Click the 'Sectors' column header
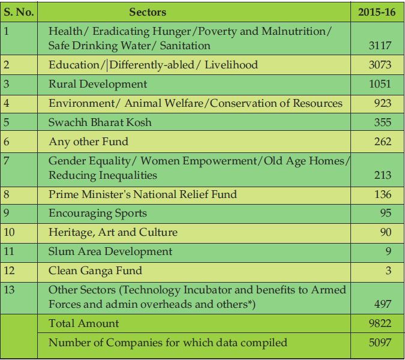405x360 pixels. pyautogui.click(x=148, y=12)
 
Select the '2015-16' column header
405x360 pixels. pyautogui.click(x=377, y=12)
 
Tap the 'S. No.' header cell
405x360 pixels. pyautogui.click(x=19, y=12)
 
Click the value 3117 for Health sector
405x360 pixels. pyautogui.click(x=380, y=46)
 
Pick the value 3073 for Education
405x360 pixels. pyautogui.click(x=380, y=65)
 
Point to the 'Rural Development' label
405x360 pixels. pyautogui.click(x=98, y=84)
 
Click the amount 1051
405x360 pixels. pyautogui.click(x=380, y=84)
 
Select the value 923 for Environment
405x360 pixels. pyautogui.click(x=383, y=103)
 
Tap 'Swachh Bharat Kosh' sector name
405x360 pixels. pyautogui.click(x=100, y=122)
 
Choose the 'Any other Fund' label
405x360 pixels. pyautogui.click(x=88, y=142)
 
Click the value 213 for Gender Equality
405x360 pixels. pyautogui.click(x=383, y=175)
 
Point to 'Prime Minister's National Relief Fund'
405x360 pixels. pyautogui.click(x=143, y=194)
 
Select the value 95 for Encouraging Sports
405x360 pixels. pyautogui.click(x=386, y=213)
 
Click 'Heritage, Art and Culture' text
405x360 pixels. pyautogui.click(x=113, y=232)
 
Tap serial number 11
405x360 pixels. pyautogui.click(x=9, y=251)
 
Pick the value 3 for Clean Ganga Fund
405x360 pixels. pyautogui.click(x=388, y=271)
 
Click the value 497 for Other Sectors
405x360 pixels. pyautogui.click(x=383, y=304)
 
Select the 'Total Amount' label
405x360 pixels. pyautogui.click(x=83, y=323)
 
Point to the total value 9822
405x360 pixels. pyautogui.click(x=380, y=323)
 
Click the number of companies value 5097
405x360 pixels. pyautogui.click(x=380, y=343)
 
